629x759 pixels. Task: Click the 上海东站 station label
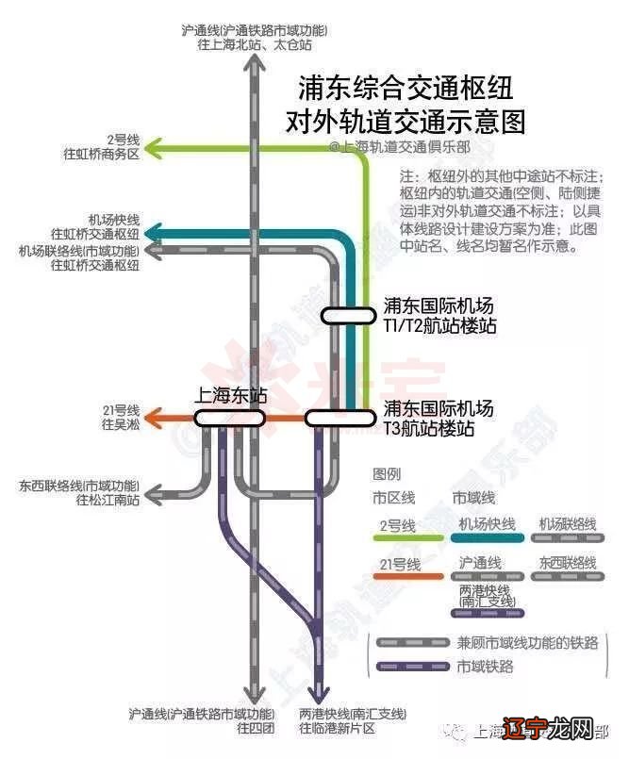(x=230, y=396)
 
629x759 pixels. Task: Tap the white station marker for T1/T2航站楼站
(x=346, y=316)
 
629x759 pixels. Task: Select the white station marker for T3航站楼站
(x=335, y=418)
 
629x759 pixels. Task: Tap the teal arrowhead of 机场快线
(x=155, y=233)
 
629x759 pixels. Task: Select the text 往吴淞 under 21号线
(x=121, y=424)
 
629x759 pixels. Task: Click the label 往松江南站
(x=107, y=500)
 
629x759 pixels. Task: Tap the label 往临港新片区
(x=338, y=729)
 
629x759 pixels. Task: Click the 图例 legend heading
(x=387, y=473)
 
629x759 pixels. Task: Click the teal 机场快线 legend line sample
(x=488, y=538)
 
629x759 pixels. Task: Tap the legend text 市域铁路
(x=487, y=667)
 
